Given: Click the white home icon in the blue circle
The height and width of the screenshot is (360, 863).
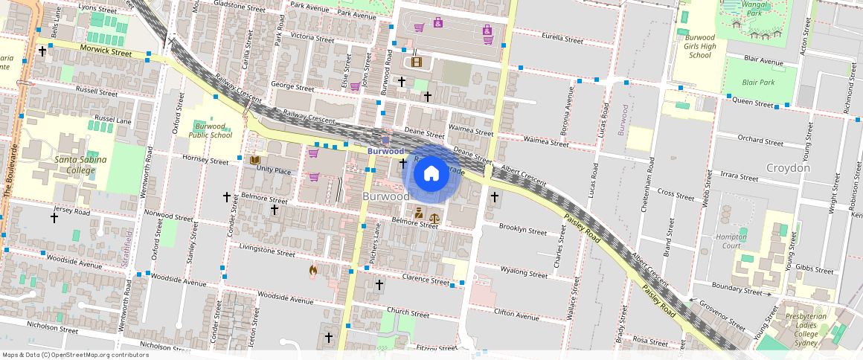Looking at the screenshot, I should coord(431,174).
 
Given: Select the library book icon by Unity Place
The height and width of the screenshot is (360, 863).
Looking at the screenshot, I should coord(255,160).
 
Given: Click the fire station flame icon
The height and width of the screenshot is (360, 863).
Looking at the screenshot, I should coord(313,271).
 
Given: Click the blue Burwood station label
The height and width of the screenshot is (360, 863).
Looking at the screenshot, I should coord(385,151).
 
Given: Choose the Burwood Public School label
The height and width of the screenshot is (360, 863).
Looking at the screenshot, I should coord(210,130).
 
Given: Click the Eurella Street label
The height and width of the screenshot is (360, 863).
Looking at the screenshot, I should coord(562,39).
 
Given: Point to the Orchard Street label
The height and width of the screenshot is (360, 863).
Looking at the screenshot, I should coord(760,141).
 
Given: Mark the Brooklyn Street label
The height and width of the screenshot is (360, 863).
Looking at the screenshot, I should coord(522,229).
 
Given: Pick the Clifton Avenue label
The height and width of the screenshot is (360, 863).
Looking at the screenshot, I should coord(516,315).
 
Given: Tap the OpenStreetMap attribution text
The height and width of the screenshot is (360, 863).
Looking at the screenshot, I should coord(75,355).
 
